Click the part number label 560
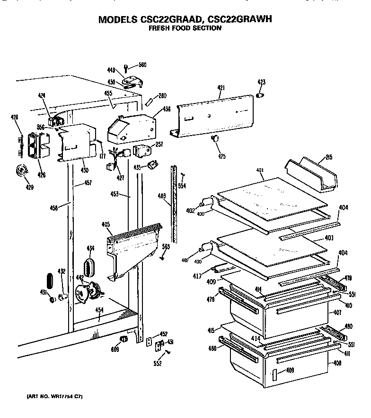[x=142, y=65]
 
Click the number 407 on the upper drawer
[x=337, y=313]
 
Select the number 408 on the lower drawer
[x=337, y=364]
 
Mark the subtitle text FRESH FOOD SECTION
[x=185, y=28]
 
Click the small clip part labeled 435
[x=152, y=164]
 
